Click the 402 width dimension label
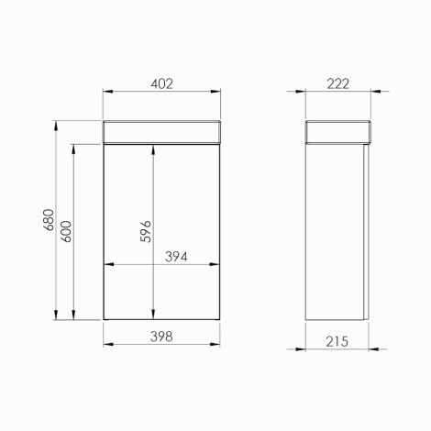[161, 83]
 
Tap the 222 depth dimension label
[337, 83]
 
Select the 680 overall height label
[49, 220]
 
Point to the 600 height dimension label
[66, 231]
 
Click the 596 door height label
[146, 231]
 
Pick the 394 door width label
[176, 257]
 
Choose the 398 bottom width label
[161, 337]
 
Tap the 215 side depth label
[337, 341]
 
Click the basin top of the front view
[161, 132]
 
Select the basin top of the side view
[338, 132]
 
